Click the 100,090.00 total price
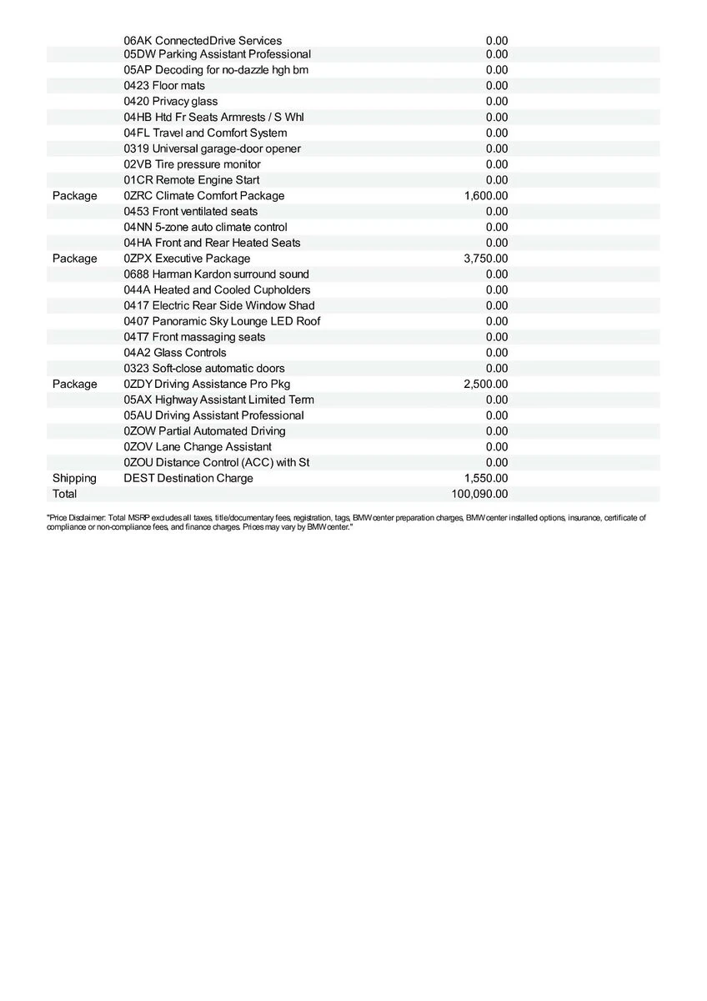coord(479,494)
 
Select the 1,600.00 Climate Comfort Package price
coord(486,196)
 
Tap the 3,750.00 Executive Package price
coord(486,259)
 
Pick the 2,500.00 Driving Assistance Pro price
coord(486,384)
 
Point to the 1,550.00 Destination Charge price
coord(486,478)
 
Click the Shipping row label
coord(74,478)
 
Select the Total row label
coord(64,494)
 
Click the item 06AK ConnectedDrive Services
coord(203,41)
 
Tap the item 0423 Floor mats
coord(164,86)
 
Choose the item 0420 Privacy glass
coord(170,102)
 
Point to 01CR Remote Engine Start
coord(192,180)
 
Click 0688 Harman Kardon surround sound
coord(216,274)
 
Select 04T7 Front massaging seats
coord(194,337)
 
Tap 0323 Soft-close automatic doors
coord(204,369)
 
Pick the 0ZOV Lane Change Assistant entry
coord(198,447)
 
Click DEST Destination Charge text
coord(188,478)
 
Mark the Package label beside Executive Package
coord(74,259)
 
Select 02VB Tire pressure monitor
coord(192,164)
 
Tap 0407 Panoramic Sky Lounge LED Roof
coord(222,321)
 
